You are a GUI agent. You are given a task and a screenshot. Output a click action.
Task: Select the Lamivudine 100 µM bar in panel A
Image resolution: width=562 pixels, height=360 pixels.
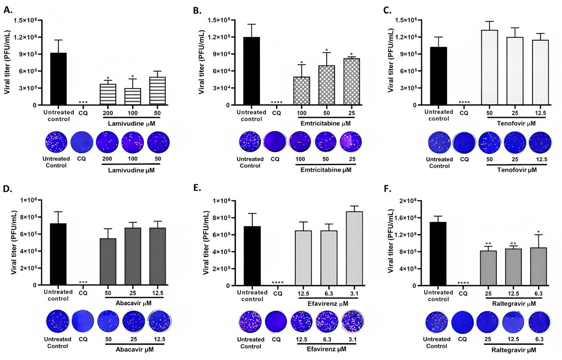[133, 96]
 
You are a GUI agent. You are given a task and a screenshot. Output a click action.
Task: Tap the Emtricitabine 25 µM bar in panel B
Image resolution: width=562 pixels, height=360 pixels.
[352, 81]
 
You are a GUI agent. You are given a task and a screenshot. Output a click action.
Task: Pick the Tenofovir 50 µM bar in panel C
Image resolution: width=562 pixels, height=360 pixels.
[489, 67]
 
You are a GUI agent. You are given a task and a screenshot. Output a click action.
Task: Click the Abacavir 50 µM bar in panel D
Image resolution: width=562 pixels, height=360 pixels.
[108, 262]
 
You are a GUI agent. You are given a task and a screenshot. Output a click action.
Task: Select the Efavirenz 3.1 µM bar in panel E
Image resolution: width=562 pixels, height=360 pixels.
[354, 248]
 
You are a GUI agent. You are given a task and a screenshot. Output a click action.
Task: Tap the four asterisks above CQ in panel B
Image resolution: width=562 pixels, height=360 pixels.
[277, 102]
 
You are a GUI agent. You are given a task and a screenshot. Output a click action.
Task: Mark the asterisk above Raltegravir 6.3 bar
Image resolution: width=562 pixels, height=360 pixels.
[538, 232]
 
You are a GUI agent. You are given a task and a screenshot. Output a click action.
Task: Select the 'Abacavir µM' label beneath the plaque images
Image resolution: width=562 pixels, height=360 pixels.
[134, 349]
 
